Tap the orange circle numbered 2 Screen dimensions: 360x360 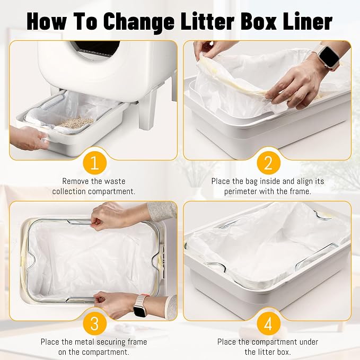[x=268, y=163]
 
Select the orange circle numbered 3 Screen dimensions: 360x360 [x=94, y=324]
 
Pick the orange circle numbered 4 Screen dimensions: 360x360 [x=268, y=324]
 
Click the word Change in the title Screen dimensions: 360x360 [x=139, y=22]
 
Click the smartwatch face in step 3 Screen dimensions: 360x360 [x=140, y=311]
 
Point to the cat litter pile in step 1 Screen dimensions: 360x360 [x=75, y=123]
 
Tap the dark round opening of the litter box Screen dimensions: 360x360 [x=97, y=49]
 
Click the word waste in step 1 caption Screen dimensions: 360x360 [x=115, y=181]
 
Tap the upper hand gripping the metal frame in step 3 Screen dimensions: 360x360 [x=108, y=216]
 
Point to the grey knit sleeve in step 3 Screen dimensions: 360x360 [x=162, y=212]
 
